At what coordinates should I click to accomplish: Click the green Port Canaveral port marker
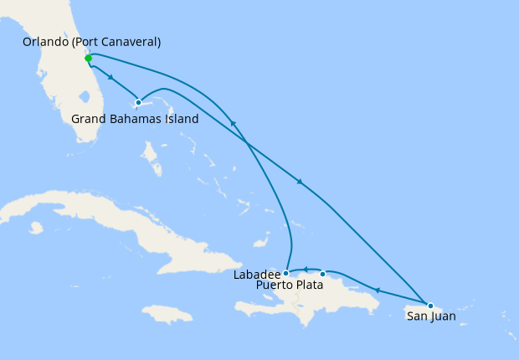click(x=88, y=59)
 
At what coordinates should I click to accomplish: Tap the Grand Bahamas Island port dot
click(x=138, y=103)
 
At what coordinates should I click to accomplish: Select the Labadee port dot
click(x=285, y=273)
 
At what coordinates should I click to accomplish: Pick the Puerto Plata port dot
click(x=322, y=274)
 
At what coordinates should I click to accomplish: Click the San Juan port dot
click(x=430, y=306)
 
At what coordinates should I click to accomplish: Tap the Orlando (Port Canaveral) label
click(x=92, y=42)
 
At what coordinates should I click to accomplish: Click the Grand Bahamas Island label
click(x=135, y=119)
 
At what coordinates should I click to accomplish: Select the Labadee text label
click(x=256, y=274)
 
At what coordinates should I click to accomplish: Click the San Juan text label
click(x=431, y=316)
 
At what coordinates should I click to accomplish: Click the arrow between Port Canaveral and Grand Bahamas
click(x=111, y=78)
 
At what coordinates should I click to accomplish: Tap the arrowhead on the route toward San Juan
click(x=300, y=182)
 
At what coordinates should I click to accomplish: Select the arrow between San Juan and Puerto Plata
click(x=377, y=291)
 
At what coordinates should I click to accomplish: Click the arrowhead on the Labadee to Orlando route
click(x=234, y=124)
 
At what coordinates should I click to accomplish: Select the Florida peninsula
click(x=67, y=92)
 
